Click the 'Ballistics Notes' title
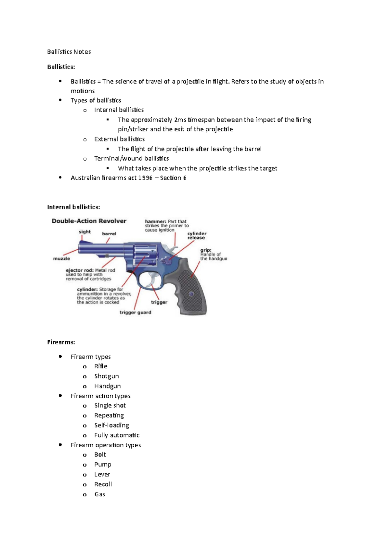coord(69,52)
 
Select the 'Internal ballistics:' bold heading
coord(73,207)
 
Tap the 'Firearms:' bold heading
coord(61,342)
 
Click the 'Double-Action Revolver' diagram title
coord(89,221)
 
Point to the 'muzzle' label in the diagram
coord(61,259)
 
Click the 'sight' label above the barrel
coord(84,232)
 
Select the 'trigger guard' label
coord(135,312)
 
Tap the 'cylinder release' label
coord(197,236)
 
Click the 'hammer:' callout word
coord(156,221)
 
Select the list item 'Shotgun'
coord(106,376)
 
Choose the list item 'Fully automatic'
coord(117,435)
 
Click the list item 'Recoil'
coord(103,484)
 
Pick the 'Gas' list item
coord(99,494)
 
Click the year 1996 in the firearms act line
coord(145,178)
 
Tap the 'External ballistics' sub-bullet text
coord(119,139)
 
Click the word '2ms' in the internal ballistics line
coord(180,120)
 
